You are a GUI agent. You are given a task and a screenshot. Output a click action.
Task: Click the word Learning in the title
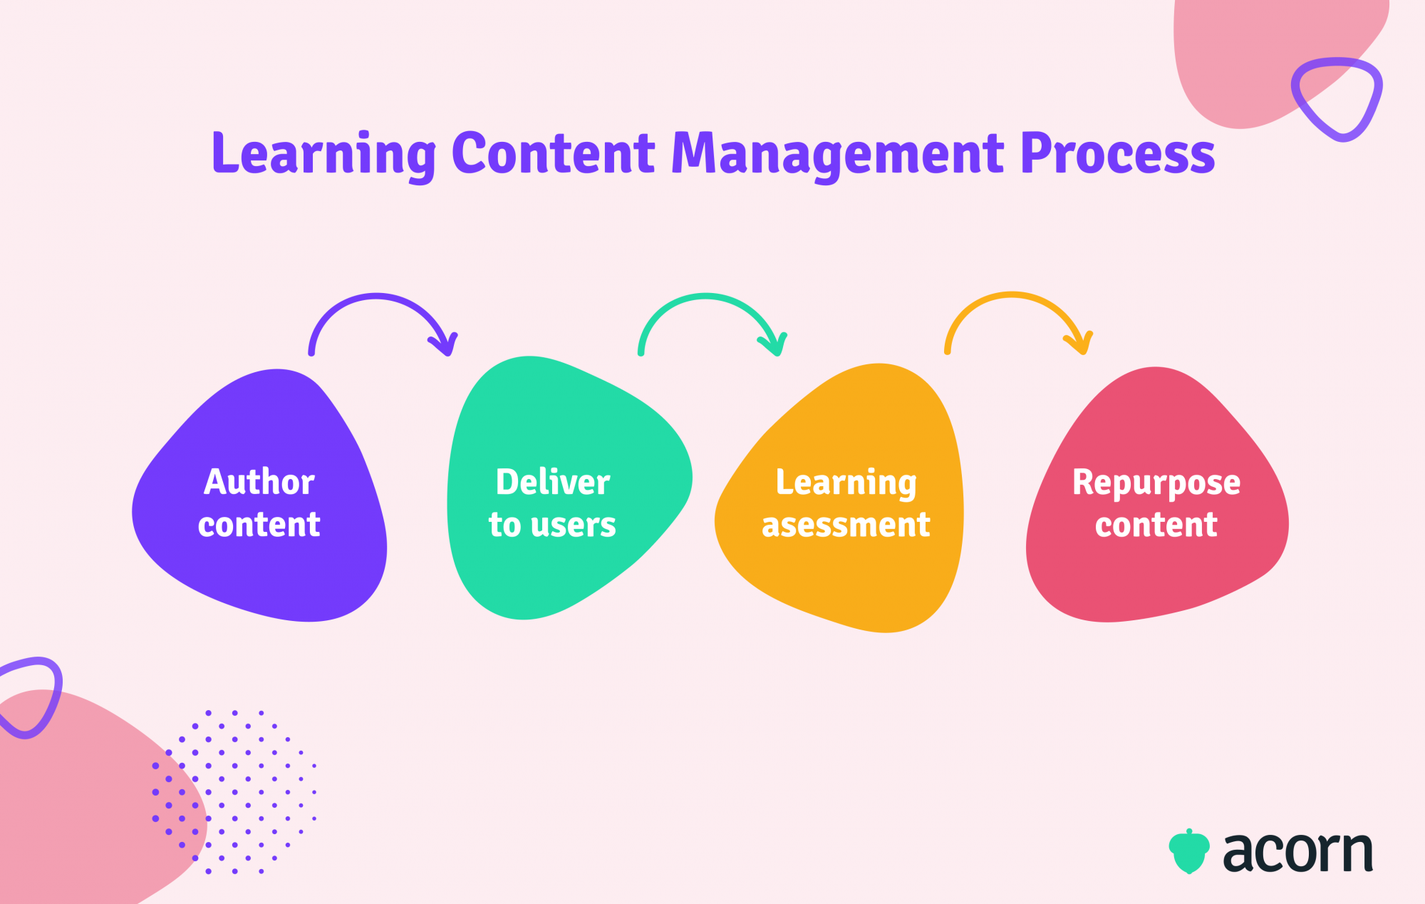pyautogui.click(x=325, y=155)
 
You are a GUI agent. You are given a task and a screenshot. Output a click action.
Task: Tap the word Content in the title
pyautogui.click(x=553, y=153)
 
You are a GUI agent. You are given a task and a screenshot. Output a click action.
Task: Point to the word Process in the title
pyautogui.click(x=1117, y=153)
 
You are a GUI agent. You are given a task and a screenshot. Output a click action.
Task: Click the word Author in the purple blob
pyautogui.click(x=259, y=482)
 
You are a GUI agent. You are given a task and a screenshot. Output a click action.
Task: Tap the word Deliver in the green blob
pyautogui.click(x=553, y=482)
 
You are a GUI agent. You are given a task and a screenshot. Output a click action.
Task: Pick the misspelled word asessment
pyautogui.click(x=846, y=525)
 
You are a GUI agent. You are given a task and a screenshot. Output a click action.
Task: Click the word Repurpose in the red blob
pyautogui.click(x=1156, y=483)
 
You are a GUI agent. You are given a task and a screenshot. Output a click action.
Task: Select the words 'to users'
pyautogui.click(x=552, y=525)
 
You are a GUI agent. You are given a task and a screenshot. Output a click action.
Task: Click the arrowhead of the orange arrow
pyautogui.click(x=1080, y=344)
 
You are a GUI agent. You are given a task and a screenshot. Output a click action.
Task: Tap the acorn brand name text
pyautogui.click(x=1297, y=852)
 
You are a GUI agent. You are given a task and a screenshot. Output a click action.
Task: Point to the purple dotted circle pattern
pyautogui.click(x=235, y=791)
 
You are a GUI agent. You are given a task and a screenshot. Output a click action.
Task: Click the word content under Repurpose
pyautogui.click(x=1156, y=525)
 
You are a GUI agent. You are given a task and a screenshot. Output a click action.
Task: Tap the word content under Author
pyautogui.click(x=259, y=525)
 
